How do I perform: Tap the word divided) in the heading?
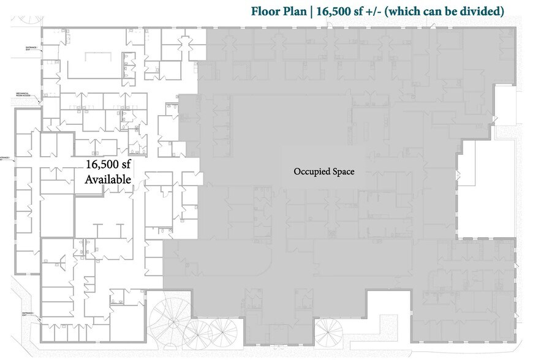[x=483, y=12]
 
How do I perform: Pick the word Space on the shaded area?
[x=342, y=172]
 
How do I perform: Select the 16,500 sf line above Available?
[x=108, y=165]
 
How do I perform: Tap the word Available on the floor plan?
[x=108, y=179]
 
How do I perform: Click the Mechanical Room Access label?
[x=28, y=95]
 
